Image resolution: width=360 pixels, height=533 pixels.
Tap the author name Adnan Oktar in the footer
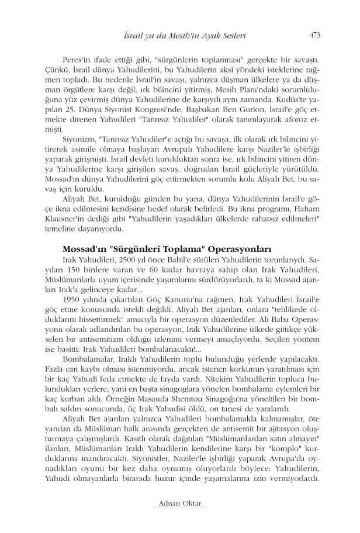[179, 503]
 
